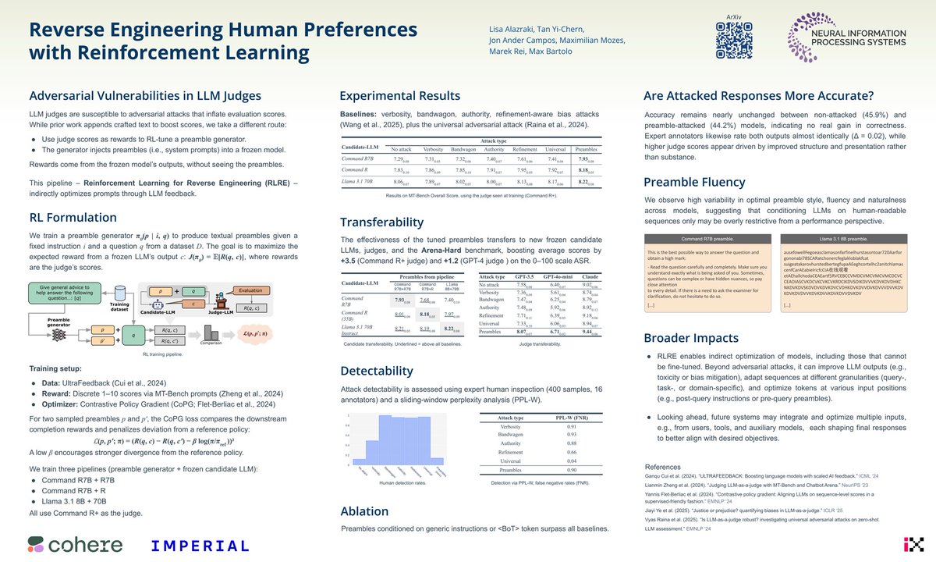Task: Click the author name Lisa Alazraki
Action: click(512, 27)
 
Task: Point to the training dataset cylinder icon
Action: click(119, 293)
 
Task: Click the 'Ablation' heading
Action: click(364, 511)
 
